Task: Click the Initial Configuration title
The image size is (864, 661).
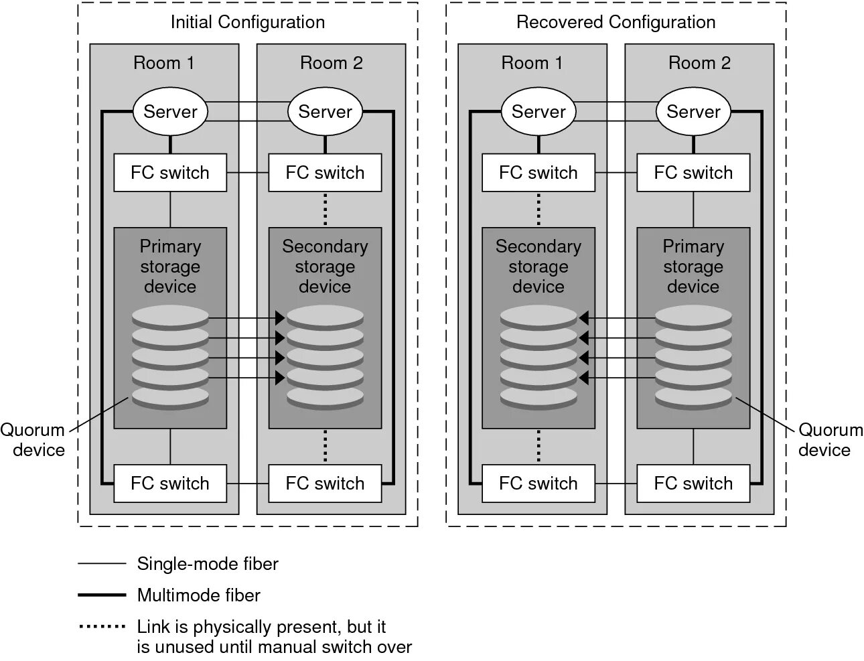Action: tap(248, 22)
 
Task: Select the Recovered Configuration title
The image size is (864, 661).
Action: tap(616, 22)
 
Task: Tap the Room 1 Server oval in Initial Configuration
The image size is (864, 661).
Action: tap(170, 111)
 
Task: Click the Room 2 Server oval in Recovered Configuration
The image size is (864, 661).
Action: tap(693, 111)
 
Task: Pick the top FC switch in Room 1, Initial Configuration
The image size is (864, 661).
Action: tap(170, 173)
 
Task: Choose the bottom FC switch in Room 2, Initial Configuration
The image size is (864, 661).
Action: tap(325, 483)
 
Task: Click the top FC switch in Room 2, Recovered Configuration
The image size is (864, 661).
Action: tap(693, 173)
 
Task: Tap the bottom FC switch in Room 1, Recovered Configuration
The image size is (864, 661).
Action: tap(538, 483)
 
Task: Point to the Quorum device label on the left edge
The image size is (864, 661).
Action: tap(33, 439)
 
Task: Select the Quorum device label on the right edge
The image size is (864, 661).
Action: tap(829, 439)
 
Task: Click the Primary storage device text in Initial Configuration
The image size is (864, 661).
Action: tap(170, 267)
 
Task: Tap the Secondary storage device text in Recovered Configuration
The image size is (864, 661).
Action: tap(538, 267)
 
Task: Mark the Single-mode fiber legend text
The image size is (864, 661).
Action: tap(208, 564)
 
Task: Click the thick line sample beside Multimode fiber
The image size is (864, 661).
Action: tap(102, 595)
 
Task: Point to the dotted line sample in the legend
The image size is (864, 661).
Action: tap(102, 627)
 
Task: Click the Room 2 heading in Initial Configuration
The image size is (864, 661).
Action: tap(331, 63)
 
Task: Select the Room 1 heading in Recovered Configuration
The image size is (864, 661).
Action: tap(532, 63)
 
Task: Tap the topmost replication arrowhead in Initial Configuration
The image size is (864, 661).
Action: tap(281, 318)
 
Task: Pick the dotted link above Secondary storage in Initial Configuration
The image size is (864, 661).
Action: tap(325, 209)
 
